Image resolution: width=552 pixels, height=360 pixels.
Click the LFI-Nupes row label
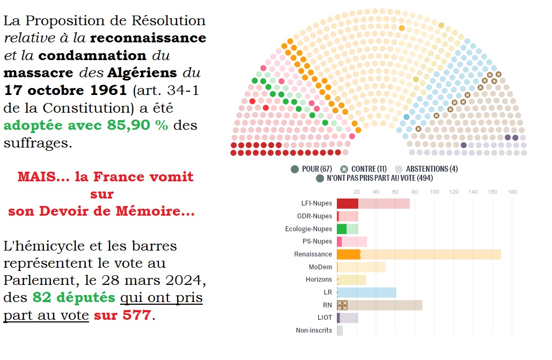click(317, 204)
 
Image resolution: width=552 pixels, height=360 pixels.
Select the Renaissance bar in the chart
click(418, 254)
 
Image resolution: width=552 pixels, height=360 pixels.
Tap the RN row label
click(327, 306)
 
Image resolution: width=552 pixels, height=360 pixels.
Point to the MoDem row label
click(320, 267)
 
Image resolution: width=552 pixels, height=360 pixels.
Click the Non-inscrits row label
click(314, 330)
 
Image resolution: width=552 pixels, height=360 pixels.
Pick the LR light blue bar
click(366, 292)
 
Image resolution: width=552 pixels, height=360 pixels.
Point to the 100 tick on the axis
click(435, 192)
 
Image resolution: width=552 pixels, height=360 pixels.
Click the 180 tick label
click(512, 192)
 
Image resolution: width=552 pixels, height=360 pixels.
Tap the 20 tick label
click(357, 192)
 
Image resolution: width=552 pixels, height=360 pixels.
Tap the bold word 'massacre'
click(30, 72)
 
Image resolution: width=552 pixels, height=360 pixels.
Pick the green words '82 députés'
click(73, 297)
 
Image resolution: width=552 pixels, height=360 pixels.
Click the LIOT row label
click(325, 318)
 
